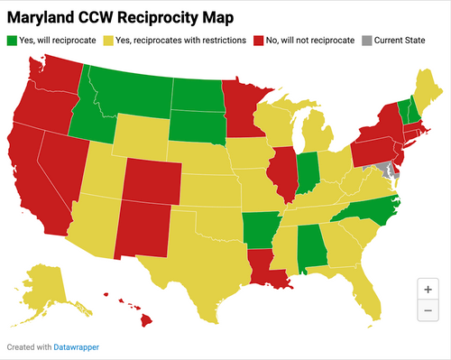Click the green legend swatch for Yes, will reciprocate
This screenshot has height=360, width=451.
(x=12, y=41)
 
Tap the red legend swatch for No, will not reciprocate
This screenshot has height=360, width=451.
(x=259, y=41)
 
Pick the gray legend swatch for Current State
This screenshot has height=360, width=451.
(x=366, y=41)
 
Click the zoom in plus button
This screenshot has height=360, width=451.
(x=428, y=290)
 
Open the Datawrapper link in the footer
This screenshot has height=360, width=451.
(x=62, y=346)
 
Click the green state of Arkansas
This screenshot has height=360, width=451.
(x=261, y=226)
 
